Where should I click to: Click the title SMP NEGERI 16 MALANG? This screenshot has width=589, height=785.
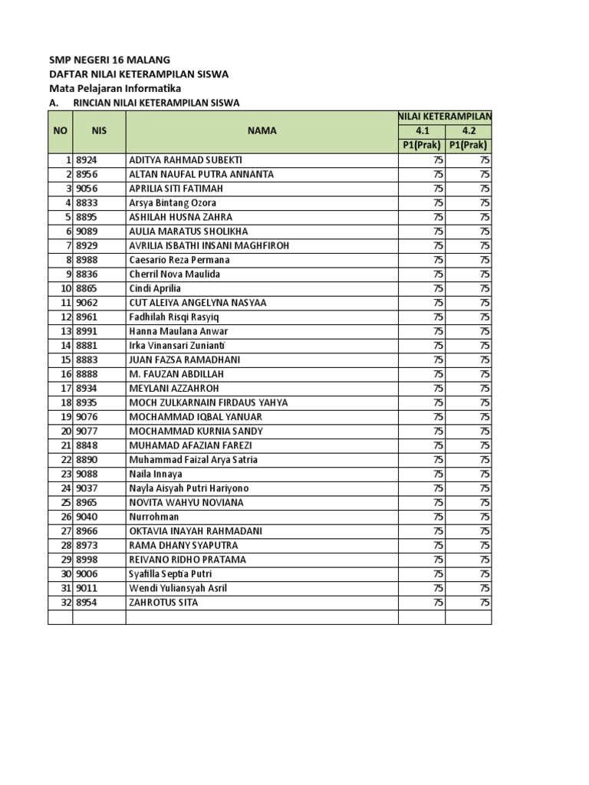coord(110,60)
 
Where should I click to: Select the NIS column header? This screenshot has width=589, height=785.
coord(99,130)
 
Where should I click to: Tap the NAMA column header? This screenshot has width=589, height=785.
coord(262,130)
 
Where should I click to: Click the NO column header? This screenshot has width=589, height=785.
coord(60,130)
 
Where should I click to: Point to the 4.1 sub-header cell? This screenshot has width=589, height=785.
coord(422,130)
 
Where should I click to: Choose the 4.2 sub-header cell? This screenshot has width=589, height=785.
coord(469,130)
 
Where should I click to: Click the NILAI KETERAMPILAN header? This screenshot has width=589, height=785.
coord(445,116)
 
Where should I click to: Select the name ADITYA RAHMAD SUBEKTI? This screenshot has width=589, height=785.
coord(186,159)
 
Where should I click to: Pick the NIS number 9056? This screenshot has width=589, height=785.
coord(87,189)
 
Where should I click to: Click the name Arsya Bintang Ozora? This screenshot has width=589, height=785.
coord(173,202)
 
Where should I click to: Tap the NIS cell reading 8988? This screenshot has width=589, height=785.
coord(87,260)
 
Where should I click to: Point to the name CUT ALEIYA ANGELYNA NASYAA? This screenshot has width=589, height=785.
coord(198,303)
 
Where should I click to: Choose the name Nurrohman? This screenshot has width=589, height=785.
coord(155,517)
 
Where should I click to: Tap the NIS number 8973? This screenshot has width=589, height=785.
coord(87,545)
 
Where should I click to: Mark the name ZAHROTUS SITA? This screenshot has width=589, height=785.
coord(163,603)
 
